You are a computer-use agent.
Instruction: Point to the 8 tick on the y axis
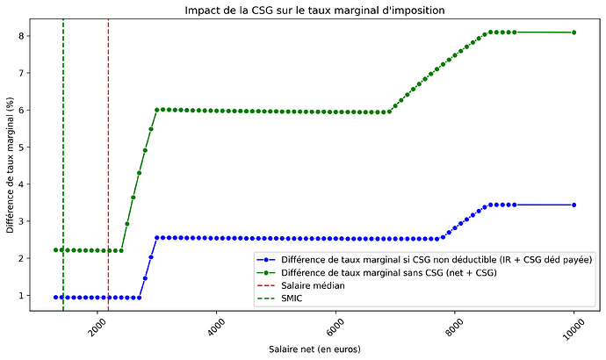[31, 36]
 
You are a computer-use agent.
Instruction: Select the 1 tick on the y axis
[31, 296]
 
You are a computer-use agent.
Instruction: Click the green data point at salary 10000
[574, 32]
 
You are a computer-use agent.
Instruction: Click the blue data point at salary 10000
[574, 205]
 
